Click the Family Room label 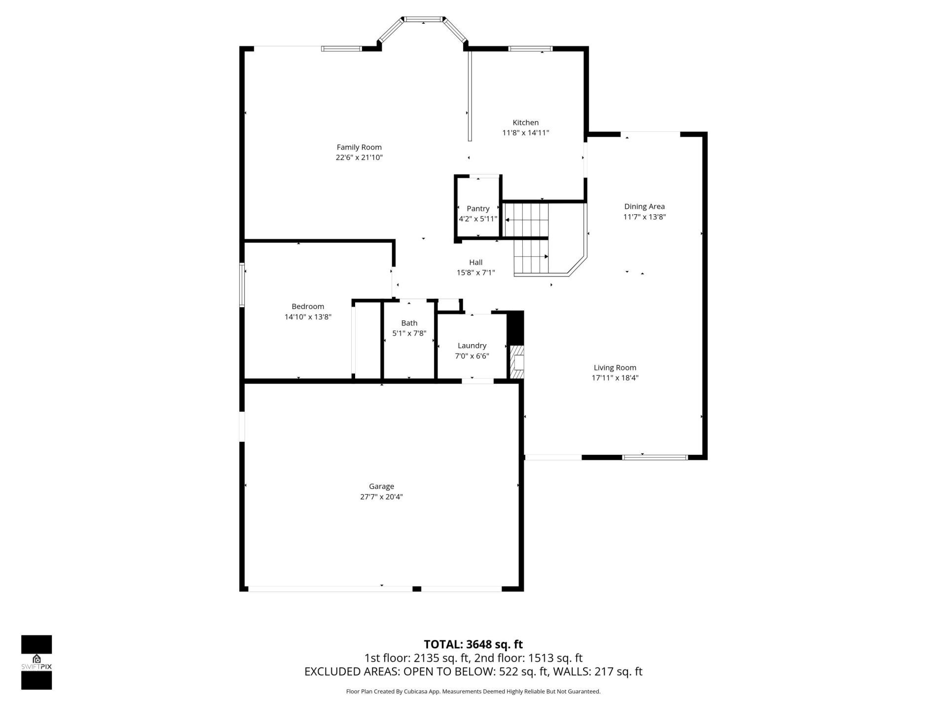click(x=359, y=147)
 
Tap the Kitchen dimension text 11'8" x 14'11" click(x=525, y=133)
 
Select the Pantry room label click(x=478, y=208)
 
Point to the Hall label click(x=475, y=262)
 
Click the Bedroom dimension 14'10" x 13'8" click(x=308, y=317)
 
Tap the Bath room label click(x=409, y=323)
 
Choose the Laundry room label click(x=472, y=346)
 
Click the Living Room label click(x=615, y=367)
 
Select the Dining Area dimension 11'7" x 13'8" click(x=644, y=217)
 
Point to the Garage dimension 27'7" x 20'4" click(x=381, y=497)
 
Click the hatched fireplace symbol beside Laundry click(x=517, y=363)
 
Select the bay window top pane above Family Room click(x=422, y=20)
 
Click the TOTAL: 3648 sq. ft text click(x=473, y=644)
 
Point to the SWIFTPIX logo click(x=36, y=662)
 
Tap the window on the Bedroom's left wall click(x=242, y=285)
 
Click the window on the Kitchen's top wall click(x=530, y=48)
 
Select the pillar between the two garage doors click(x=417, y=589)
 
